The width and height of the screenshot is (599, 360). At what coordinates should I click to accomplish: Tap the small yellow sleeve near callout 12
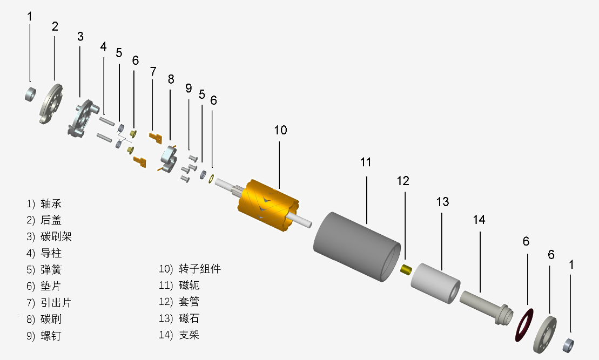pyautogui.click(x=407, y=268)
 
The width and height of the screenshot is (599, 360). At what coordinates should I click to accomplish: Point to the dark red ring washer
pyautogui.click(x=523, y=325)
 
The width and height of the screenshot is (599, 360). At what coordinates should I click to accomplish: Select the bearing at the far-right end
pyautogui.click(x=569, y=343)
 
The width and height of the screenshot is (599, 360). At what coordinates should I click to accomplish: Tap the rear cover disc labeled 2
pyautogui.click(x=51, y=103)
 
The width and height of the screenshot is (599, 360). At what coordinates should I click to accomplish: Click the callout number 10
pyautogui.click(x=280, y=130)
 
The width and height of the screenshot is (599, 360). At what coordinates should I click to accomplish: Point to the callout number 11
pyautogui.click(x=366, y=161)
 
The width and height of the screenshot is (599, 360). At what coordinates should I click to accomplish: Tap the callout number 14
pyautogui.click(x=479, y=220)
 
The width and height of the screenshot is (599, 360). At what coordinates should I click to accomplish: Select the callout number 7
pyautogui.click(x=153, y=71)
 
